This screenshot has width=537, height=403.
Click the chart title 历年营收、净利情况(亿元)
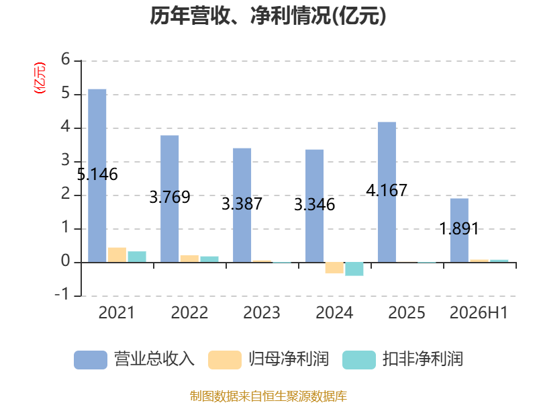tap(268, 15)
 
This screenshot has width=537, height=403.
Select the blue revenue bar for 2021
tap(97, 176)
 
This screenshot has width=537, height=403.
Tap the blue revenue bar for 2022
tap(170, 199)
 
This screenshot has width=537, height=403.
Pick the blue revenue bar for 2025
tap(387, 192)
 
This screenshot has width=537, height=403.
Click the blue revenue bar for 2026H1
tap(459, 230)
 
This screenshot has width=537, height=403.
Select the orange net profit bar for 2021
tap(117, 255)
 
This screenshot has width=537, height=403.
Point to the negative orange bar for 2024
tap(334, 267)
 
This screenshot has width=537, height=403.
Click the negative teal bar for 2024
tap(354, 269)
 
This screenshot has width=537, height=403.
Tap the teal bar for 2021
tap(137, 257)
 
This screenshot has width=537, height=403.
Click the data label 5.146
tap(97, 175)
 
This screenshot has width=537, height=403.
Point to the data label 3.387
tap(242, 204)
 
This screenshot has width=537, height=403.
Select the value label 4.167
tap(387, 191)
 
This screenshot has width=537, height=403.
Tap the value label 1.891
tap(459, 228)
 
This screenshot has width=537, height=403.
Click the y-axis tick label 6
tap(65, 60)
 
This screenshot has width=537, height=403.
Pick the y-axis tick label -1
tap(62, 294)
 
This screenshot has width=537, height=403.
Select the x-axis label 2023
tap(262, 313)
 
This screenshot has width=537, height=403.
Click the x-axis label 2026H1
tap(479, 313)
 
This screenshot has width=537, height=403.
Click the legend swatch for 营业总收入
tap(91, 360)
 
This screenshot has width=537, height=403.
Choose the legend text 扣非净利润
tap(423, 359)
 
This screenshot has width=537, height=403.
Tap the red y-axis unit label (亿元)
tap(40, 78)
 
